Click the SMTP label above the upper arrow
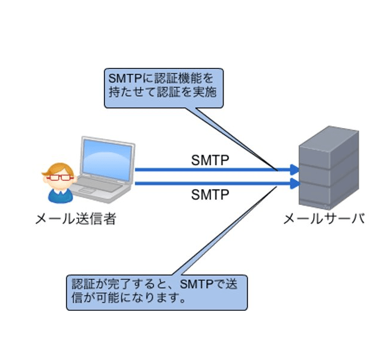[x=210, y=160]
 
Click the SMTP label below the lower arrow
[x=210, y=195]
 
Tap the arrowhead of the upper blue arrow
[x=295, y=169]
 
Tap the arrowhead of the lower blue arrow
[x=295, y=183]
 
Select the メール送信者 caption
[x=76, y=219]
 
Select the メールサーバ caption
[x=324, y=219]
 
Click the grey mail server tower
[x=329, y=168]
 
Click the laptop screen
[x=107, y=160]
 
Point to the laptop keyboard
[x=99, y=184]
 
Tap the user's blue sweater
[x=61, y=195]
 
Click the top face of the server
[x=329, y=137]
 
